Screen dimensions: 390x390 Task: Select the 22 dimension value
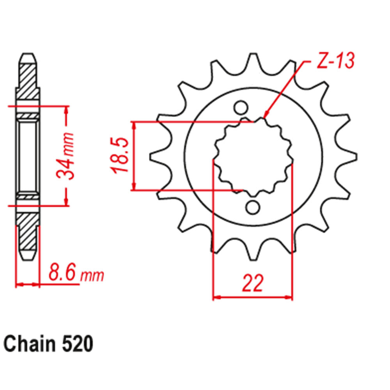pyautogui.click(x=252, y=284)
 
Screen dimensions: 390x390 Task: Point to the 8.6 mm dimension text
pyautogui.click(x=76, y=273)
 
